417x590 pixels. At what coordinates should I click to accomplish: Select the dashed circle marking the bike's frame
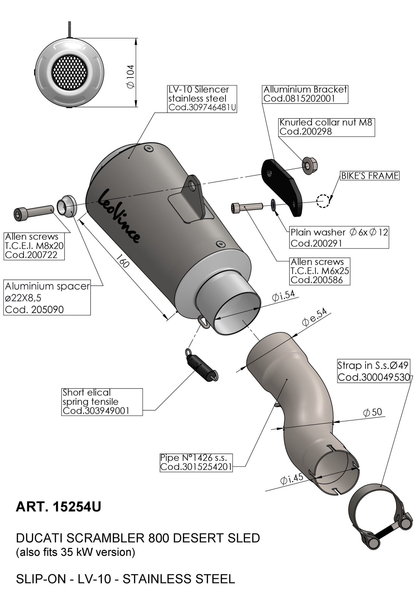(323, 200)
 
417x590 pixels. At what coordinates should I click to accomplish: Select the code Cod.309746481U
(202, 107)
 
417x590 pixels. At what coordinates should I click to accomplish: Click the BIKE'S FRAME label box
(370, 176)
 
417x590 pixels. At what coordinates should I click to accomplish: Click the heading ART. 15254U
(58, 507)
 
